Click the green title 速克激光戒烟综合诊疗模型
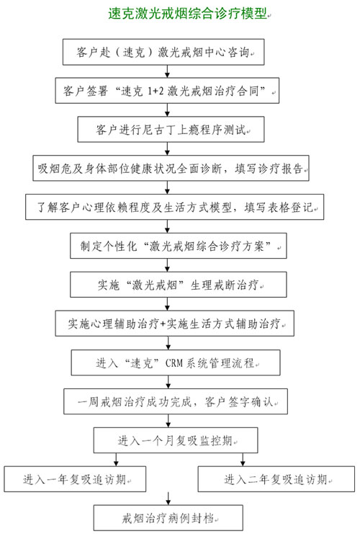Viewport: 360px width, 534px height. (x=187, y=14)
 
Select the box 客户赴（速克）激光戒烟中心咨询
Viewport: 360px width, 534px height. (x=163, y=52)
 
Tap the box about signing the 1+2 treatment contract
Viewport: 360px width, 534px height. (x=167, y=91)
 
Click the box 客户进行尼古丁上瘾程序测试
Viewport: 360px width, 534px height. (x=171, y=130)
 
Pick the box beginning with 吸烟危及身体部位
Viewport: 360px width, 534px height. (x=171, y=168)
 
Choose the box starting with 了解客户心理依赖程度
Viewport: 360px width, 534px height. (x=174, y=207)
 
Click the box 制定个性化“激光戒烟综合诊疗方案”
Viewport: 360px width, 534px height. (x=179, y=246)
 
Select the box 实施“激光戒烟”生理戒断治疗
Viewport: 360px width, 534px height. (x=179, y=285)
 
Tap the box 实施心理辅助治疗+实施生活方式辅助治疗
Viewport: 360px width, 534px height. (x=174, y=324)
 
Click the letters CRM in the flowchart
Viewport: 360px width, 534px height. (x=174, y=363)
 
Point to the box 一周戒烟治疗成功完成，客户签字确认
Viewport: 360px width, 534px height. (x=176, y=401)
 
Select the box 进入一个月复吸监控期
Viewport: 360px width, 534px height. (x=176, y=440)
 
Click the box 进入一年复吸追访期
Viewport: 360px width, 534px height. (x=75, y=479)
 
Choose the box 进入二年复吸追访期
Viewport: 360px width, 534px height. (x=276, y=479)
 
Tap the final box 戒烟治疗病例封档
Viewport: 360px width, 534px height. (x=168, y=518)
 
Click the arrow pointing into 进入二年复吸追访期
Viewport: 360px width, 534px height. (x=243, y=460)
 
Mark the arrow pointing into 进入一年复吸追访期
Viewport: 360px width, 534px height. (x=116, y=460)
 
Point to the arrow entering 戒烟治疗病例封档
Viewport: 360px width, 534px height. (x=168, y=499)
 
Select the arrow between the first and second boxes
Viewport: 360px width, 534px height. (x=167, y=71)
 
